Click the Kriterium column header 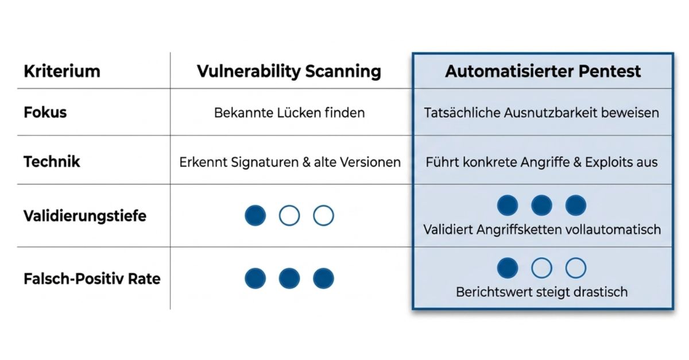62,71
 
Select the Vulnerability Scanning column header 289,72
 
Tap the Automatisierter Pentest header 543,71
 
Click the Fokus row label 45,113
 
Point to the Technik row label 52,161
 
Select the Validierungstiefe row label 85,216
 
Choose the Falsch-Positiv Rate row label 92,279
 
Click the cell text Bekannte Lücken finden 289,113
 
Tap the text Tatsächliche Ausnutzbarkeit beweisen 541,113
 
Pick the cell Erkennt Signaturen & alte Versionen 290,162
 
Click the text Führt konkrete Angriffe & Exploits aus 541,162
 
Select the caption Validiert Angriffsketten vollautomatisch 542,230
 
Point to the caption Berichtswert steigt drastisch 541,292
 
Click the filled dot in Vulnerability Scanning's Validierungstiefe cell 256,215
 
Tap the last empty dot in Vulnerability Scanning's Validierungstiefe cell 324,215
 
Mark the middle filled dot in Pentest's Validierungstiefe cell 541,205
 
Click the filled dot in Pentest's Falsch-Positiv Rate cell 508,268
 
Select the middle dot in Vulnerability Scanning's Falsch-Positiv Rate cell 289,278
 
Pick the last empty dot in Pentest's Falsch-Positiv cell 576,268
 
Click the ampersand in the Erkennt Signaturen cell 307,162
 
